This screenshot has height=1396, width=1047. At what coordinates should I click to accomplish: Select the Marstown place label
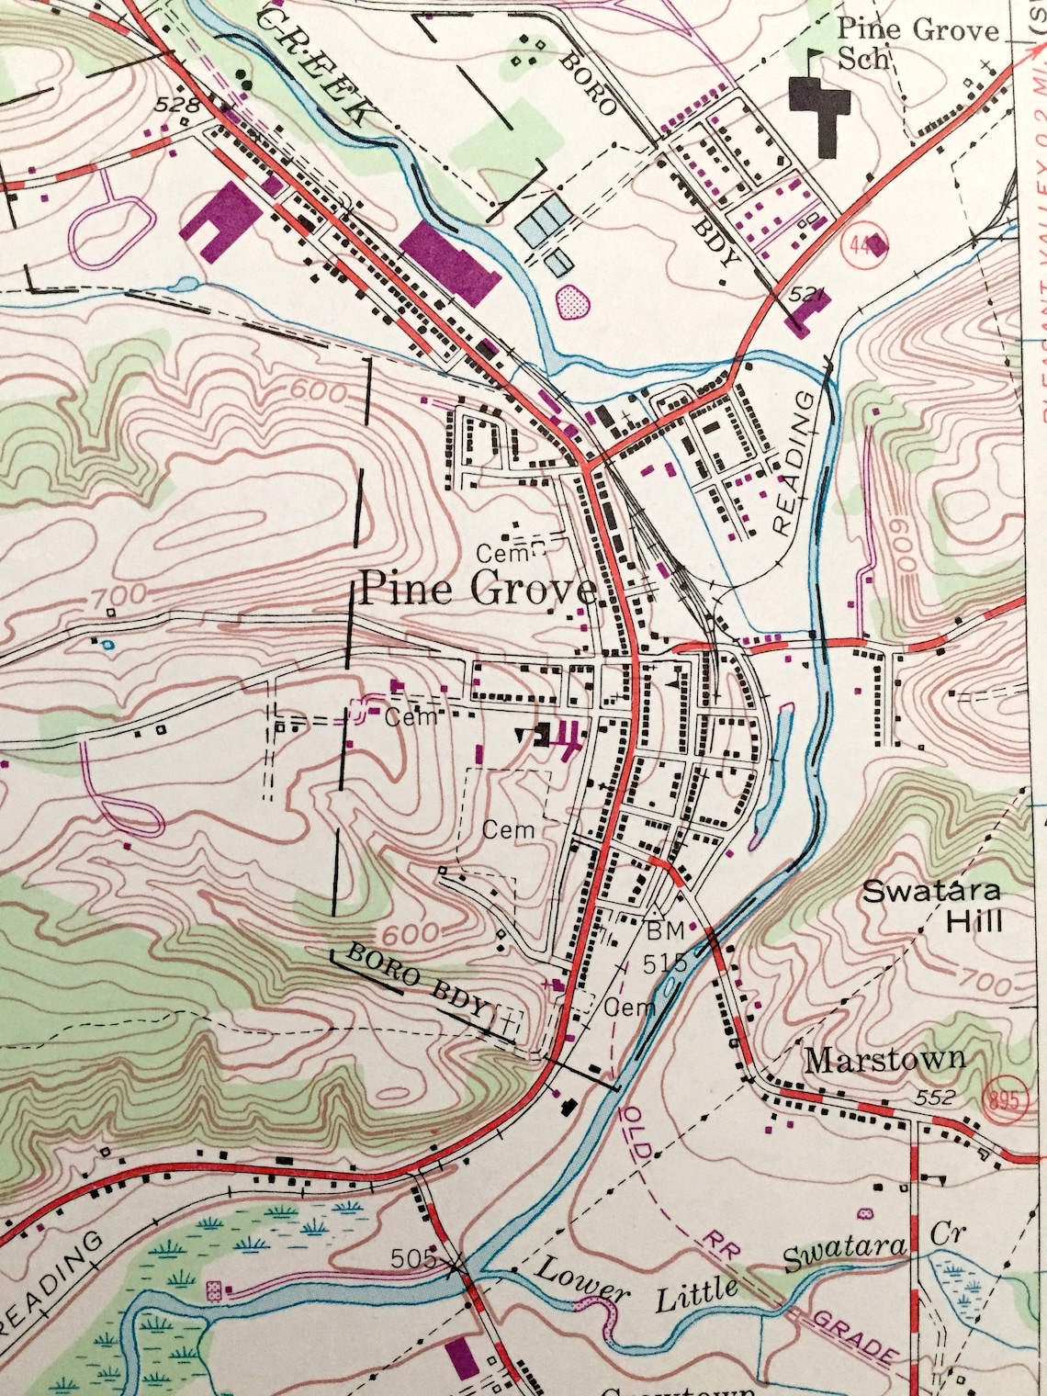[884, 1059]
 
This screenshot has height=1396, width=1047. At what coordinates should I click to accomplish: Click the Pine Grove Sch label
[917, 43]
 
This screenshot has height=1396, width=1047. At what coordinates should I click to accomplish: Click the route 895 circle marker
[1006, 1098]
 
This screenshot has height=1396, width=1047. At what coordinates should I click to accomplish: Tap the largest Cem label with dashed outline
[508, 829]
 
